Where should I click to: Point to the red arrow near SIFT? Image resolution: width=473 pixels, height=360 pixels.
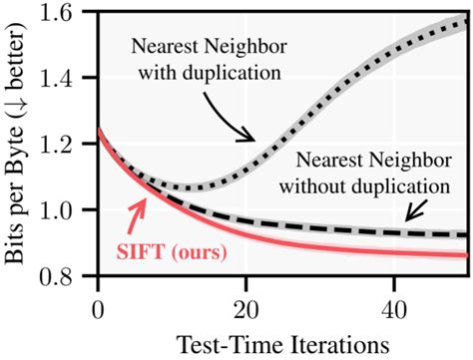[x=137, y=213]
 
